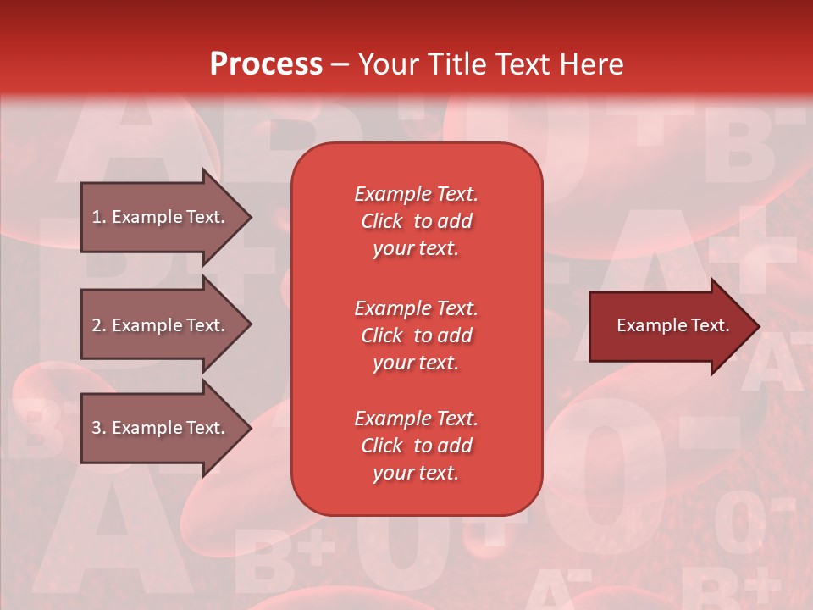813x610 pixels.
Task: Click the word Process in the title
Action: tap(266, 64)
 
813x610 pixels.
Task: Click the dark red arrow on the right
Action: tap(669, 325)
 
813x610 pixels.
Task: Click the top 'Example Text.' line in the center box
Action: tap(416, 194)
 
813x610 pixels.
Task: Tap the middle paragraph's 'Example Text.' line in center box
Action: tap(416, 308)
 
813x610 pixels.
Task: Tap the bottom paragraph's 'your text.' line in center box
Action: tap(416, 474)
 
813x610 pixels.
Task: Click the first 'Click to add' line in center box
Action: tap(416, 221)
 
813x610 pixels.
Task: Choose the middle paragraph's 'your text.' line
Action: tap(416, 363)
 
